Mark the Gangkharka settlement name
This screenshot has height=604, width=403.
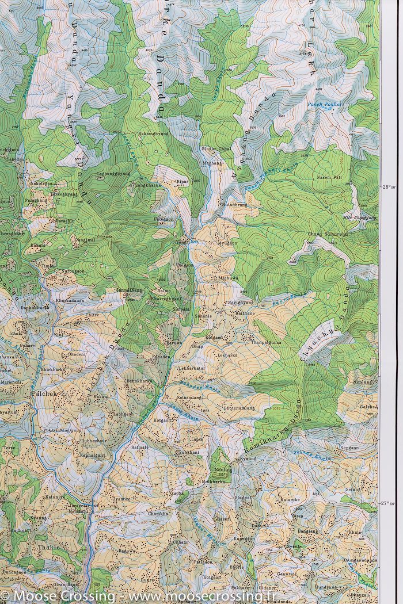(x=145, y=185)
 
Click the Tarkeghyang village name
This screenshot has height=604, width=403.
(x=63, y=194)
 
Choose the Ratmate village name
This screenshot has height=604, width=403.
(x=140, y=446)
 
